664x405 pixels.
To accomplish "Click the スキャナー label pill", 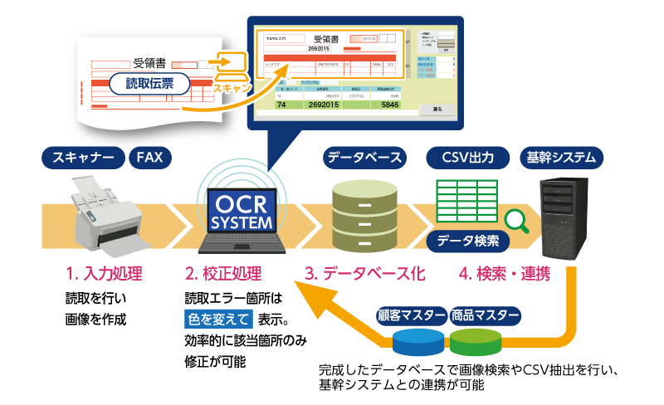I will (x=83, y=157).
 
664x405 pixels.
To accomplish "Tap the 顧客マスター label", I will (x=412, y=316).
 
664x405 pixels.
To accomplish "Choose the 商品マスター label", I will (x=485, y=316).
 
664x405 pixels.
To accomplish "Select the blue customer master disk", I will (x=419, y=340).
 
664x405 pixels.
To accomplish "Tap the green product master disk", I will (x=476, y=340).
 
